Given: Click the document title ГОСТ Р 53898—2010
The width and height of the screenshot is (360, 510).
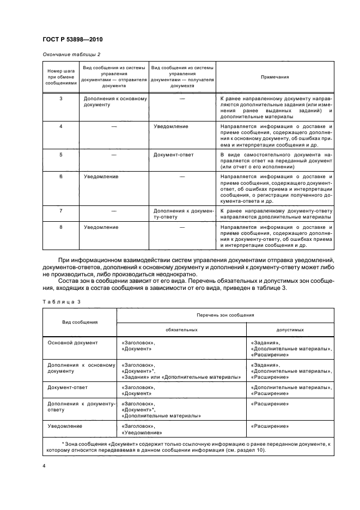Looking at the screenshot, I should [x=72, y=40].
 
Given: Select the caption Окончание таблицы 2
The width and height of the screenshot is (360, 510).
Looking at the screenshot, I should [x=71, y=54].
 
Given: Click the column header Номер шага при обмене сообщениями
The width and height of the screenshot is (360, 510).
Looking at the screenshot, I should [x=61, y=77].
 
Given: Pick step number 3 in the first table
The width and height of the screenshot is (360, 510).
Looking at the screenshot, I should [x=61, y=98].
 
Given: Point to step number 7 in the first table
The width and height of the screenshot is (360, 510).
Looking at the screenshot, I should [x=61, y=210].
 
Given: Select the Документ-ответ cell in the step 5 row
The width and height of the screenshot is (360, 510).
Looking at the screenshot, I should [x=174, y=154].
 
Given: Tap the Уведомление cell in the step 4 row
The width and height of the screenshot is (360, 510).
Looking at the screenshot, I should [x=171, y=126].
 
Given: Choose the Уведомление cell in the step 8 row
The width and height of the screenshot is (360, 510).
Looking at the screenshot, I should [x=101, y=227].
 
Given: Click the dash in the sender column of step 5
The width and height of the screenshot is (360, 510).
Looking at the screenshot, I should [x=114, y=155].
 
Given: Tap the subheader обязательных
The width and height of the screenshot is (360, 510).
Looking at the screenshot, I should [x=182, y=330].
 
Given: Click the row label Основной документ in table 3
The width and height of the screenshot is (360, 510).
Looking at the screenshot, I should [x=72, y=343].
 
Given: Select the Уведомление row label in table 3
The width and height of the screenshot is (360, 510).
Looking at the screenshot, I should [x=65, y=426].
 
